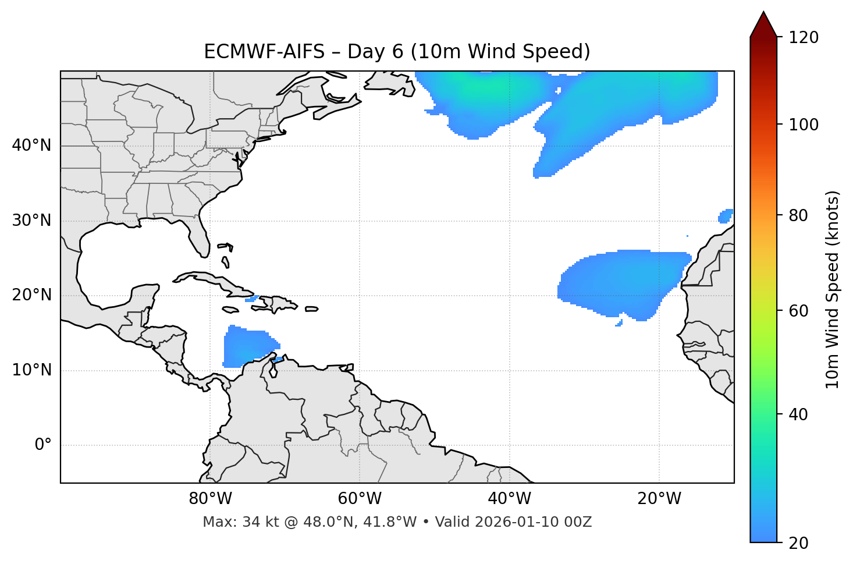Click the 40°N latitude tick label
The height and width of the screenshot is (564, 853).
point(31,146)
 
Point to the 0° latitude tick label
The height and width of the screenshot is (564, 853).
point(43,445)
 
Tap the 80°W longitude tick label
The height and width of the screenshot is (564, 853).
point(210,499)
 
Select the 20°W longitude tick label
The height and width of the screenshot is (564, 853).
point(659,499)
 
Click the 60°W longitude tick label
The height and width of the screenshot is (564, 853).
point(360,499)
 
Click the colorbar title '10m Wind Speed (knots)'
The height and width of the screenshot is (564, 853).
point(833,289)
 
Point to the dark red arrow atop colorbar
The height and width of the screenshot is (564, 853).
point(763,24)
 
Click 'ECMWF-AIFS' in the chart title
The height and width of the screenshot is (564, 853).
point(264,52)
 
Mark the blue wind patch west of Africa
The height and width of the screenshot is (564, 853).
point(623,282)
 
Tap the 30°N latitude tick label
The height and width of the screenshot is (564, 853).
point(31,221)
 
